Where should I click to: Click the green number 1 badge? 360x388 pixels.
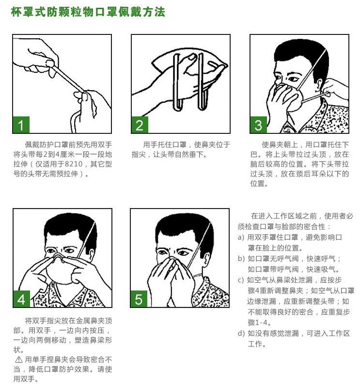pos(21,125)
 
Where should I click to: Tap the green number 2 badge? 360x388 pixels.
pos(140,125)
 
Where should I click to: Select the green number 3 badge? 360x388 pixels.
pos(258,125)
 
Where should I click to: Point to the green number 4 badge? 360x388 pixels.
pos(21,299)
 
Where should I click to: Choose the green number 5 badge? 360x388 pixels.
pos(139,299)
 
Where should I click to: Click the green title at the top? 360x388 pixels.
pos(88,12)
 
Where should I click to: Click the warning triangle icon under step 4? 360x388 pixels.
pos(19,359)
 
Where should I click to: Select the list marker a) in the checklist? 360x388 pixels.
pos(241,238)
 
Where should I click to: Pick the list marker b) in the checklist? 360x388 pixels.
pos(241,259)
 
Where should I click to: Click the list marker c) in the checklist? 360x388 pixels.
pos(241,280)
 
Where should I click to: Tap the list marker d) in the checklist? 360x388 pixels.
pos(241,334)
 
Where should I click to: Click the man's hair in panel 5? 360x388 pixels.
pos(184,229)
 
